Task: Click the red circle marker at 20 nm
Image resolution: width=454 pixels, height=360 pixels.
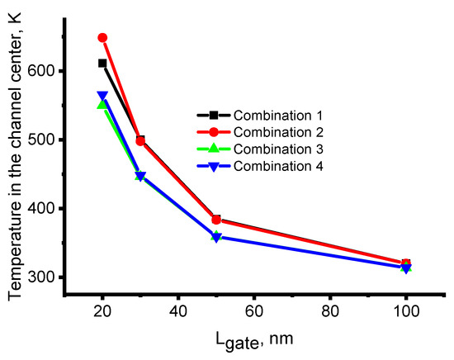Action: coord(102,38)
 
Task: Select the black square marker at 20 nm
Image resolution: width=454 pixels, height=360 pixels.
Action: coord(102,63)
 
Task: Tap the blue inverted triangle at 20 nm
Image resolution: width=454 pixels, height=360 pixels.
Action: coord(102,96)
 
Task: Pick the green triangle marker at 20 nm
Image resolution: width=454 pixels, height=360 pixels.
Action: coord(102,105)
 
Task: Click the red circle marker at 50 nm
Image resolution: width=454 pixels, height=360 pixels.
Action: coord(216,220)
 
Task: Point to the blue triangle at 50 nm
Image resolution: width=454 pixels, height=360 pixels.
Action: coord(216,237)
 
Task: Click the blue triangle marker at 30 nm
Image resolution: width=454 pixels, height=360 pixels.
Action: coord(140,176)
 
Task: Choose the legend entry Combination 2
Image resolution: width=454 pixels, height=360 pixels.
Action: coord(277,132)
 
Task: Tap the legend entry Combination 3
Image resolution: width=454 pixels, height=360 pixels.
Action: coord(277,149)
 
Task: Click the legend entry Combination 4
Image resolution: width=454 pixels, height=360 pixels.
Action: coord(277,166)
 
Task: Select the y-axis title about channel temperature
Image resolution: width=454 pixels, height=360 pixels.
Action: coord(16,149)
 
